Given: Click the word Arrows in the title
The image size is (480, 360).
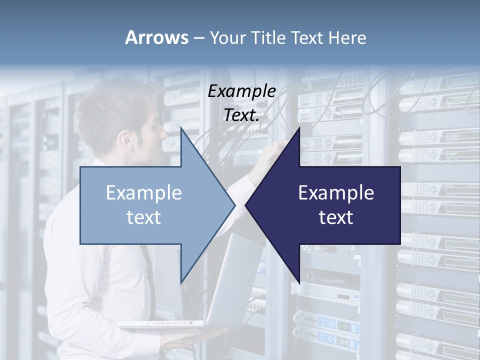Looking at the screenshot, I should (x=156, y=37).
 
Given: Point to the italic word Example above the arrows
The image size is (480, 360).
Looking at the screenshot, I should (x=241, y=91).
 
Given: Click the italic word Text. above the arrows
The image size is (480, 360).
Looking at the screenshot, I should (x=241, y=115).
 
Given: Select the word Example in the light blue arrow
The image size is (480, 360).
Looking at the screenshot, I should (x=144, y=193).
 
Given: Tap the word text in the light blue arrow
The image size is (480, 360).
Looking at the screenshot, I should (x=144, y=217).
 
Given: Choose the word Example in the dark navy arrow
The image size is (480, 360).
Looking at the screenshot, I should (x=336, y=193).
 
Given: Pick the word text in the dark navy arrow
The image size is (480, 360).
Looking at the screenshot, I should (x=336, y=217).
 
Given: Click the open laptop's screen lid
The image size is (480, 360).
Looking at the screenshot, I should (x=235, y=280).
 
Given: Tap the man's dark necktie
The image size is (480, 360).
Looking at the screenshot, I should (x=149, y=280).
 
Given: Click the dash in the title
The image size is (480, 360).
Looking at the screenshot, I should (x=198, y=38).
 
